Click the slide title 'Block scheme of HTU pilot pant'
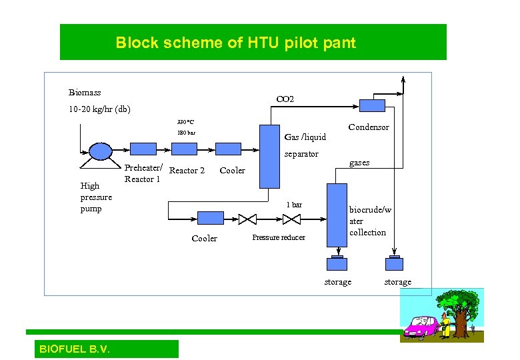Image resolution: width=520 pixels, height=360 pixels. [235, 43]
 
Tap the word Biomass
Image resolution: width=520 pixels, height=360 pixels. [85, 93]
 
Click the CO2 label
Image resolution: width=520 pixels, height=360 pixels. [285, 99]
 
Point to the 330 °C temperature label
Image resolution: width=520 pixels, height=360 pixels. [185, 123]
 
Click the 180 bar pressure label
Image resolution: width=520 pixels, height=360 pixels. [186, 133]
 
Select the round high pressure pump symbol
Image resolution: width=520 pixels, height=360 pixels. [101, 151]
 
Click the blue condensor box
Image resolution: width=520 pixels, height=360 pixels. [372, 105]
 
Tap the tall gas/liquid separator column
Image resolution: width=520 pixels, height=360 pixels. [269, 156]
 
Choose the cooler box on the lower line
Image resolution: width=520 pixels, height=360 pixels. [211, 218]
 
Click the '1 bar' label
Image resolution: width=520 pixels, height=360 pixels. [294, 205]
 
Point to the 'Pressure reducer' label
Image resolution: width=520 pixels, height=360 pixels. [279, 238]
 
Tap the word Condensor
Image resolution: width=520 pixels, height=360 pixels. [369, 127]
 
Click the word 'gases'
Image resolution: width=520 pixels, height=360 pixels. [359, 163]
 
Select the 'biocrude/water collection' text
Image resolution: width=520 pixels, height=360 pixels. [370, 221]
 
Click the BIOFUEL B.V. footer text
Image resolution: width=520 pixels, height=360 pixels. [75, 349]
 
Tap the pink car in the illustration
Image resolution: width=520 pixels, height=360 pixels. [421, 327]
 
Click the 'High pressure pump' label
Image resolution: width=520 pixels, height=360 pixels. [96, 197]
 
